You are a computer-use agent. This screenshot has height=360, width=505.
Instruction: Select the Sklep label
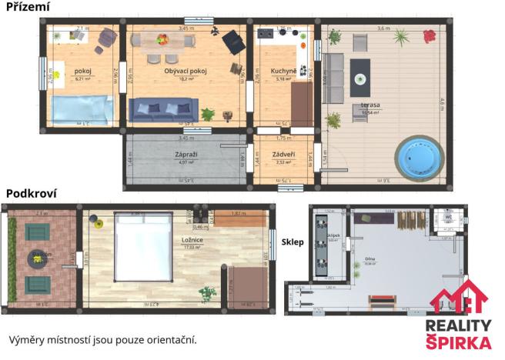tap(293, 242)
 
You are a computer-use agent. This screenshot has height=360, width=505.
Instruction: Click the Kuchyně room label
tap(283, 72)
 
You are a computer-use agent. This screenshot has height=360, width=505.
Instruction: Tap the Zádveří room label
tap(284, 155)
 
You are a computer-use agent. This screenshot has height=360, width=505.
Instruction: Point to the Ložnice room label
tap(192, 240)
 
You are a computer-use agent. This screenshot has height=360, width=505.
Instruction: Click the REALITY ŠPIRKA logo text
tap(459, 333)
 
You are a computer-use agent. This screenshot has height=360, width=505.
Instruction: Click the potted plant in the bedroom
tap(206, 294)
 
